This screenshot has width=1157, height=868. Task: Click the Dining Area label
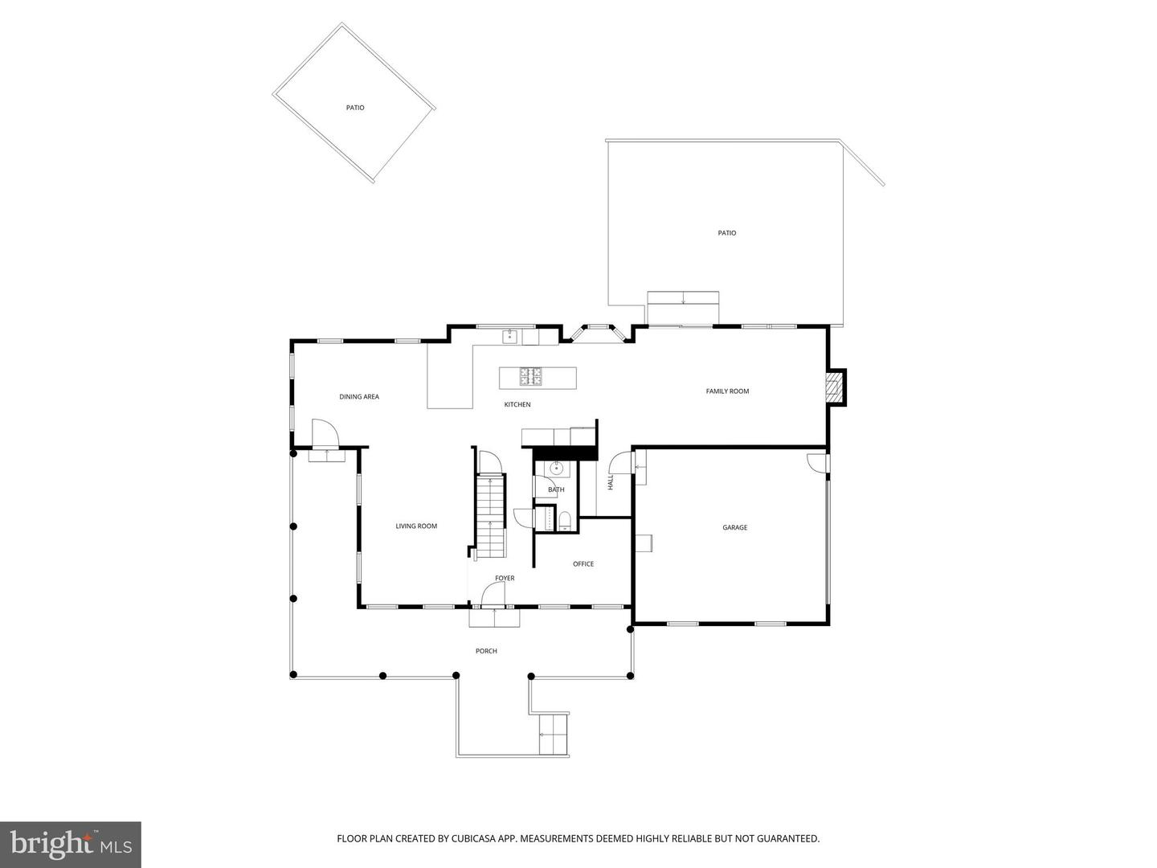pos(359,396)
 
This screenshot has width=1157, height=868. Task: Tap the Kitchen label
pos(517,404)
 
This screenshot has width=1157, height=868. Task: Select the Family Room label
pos(727,391)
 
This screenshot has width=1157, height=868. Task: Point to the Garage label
pos(734,527)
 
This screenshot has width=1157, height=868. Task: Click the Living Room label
pos(416,526)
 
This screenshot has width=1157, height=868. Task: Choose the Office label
pos(583,564)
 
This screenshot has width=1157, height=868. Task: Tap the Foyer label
pos(505,578)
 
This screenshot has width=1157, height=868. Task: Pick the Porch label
pos(486,651)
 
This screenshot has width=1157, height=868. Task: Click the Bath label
pos(556,489)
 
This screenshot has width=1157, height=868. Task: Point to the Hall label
pos(611,482)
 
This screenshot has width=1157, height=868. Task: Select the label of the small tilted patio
pos(355,108)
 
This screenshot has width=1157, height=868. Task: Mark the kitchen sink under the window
pos(509,336)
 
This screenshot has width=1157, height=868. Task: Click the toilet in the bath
pos(564,519)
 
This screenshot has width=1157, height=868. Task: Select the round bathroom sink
pos(556,469)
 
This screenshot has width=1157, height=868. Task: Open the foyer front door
pos(492,595)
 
